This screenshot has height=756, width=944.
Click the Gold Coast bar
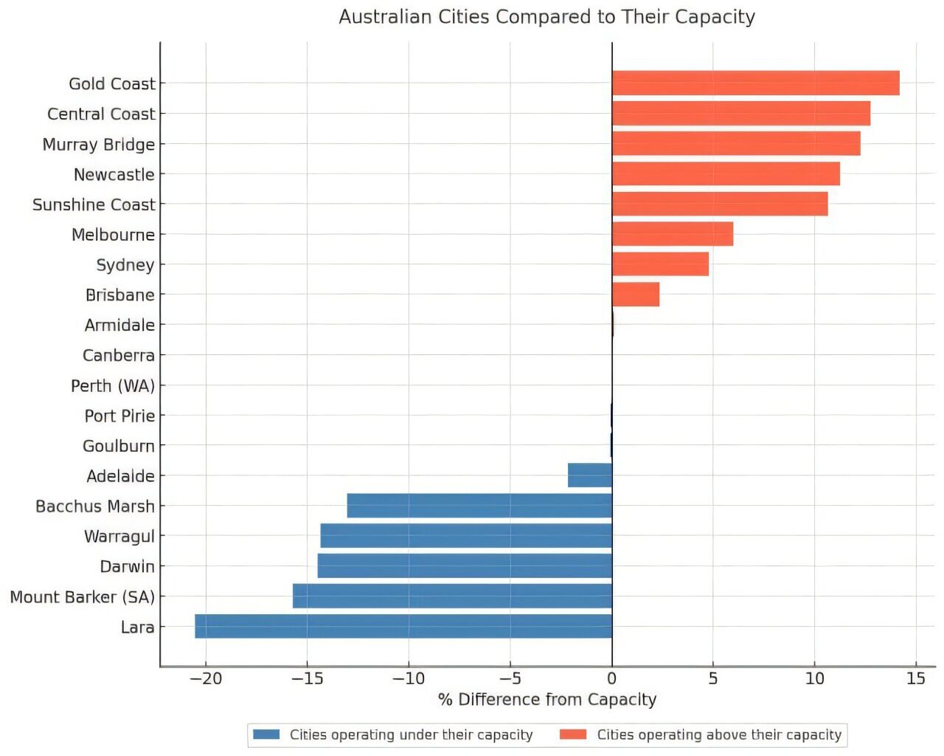point(755,83)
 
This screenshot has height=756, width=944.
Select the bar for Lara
point(403,626)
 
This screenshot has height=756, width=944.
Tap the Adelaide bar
point(590,475)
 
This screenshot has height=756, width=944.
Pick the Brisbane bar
point(636,295)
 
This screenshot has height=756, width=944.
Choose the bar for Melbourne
point(673,234)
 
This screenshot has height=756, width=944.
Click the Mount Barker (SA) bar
point(452,596)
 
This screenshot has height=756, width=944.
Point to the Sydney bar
point(660,264)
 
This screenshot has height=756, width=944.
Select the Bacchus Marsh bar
point(479,506)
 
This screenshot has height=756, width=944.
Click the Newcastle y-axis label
point(114,175)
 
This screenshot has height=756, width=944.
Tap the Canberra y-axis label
point(119,356)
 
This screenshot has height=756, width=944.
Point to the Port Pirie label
point(119,416)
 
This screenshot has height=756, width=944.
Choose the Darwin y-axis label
point(128,566)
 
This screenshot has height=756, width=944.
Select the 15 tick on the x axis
point(915,678)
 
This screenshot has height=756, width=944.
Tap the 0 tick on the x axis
point(611,678)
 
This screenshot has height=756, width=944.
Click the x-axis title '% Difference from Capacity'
point(546,699)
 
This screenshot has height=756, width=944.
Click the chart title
point(546,17)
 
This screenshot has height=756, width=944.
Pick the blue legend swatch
point(266,735)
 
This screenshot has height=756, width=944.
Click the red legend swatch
point(573,735)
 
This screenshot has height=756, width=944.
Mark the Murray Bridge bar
point(736,143)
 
